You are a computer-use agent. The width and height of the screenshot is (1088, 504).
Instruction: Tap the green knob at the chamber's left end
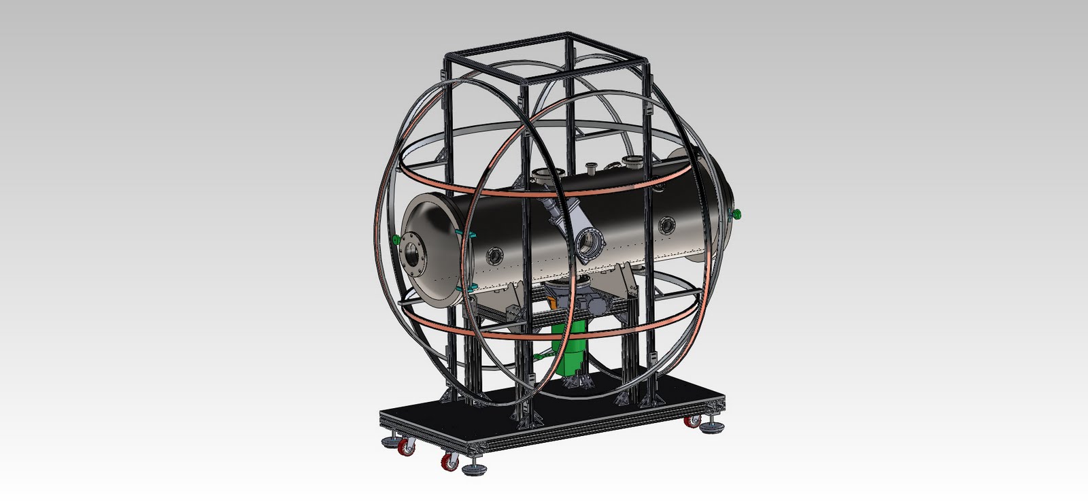click(x=396, y=239)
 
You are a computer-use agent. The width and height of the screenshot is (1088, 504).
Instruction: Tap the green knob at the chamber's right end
click(x=736, y=215)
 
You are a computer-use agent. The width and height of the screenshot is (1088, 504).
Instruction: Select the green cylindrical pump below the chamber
click(x=573, y=347)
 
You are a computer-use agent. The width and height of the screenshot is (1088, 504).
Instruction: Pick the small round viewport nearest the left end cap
click(x=494, y=256)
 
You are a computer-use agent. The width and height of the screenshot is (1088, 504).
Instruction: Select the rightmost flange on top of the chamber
click(x=634, y=162)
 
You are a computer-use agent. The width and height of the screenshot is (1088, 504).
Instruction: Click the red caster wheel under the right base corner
click(x=692, y=422)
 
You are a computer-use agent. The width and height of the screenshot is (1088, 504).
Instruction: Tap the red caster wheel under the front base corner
click(x=449, y=463)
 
